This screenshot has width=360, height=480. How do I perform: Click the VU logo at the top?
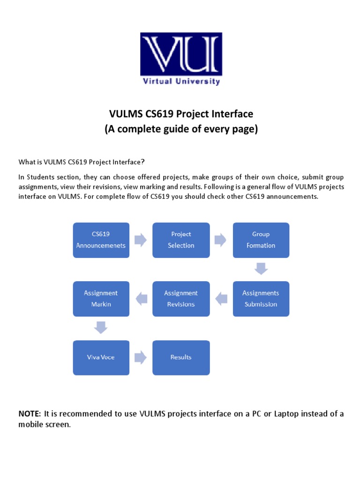181,54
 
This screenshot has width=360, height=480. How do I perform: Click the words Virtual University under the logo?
181,81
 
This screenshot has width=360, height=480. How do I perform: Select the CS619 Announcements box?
101,240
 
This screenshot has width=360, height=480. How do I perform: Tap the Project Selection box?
181,240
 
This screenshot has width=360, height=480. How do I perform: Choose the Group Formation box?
261,240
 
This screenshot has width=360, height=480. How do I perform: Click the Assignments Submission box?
261,299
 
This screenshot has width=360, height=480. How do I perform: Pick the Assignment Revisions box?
181,299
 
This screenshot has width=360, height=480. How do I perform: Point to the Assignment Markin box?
101,299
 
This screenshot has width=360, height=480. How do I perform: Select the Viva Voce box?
101,357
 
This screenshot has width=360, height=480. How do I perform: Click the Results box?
181,357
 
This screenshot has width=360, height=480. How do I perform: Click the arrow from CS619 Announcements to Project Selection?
141,240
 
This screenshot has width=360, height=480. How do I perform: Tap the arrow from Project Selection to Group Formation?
221,240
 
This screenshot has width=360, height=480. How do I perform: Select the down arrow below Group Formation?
261,269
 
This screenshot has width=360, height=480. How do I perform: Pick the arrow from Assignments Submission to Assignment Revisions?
221,298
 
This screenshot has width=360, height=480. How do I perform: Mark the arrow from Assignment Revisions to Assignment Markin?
141,298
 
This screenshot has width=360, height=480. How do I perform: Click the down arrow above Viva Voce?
101,327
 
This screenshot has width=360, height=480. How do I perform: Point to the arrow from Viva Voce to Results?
141,357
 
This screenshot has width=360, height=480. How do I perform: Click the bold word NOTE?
30,413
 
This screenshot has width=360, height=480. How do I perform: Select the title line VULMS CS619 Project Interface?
181,114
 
